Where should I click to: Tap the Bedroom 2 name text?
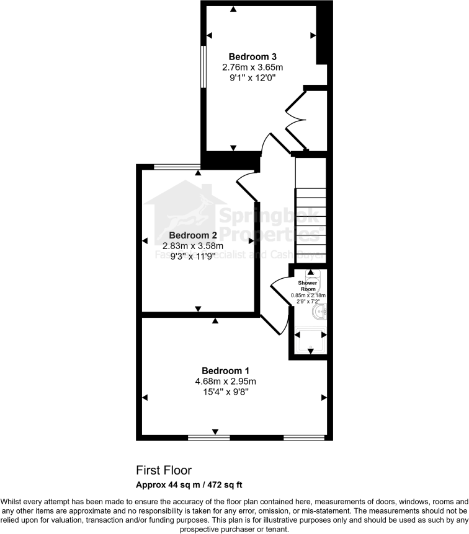point(193,235)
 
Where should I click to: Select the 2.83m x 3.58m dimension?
point(193,246)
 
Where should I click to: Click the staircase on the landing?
point(310,211)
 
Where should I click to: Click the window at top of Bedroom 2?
point(176,166)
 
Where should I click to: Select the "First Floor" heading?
point(164,470)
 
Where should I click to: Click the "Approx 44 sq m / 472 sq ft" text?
point(193,484)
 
